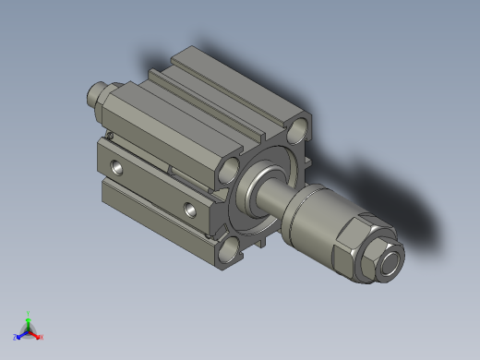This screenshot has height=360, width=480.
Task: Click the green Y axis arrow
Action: pyautogui.click(x=29, y=320)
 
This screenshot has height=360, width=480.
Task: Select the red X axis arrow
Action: pyautogui.click(x=36, y=334)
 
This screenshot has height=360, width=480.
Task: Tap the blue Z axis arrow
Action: pyautogui.click(x=21, y=333)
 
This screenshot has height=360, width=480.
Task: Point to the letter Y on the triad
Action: pyautogui.click(x=29, y=313)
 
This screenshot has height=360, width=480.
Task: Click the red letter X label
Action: pyautogui.click(x=42, y=337)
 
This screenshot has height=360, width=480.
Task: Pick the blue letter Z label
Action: pyautogui.click(x=16, y=337)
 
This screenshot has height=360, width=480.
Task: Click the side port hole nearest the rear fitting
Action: pyautogui.click(x=116, y=168)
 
